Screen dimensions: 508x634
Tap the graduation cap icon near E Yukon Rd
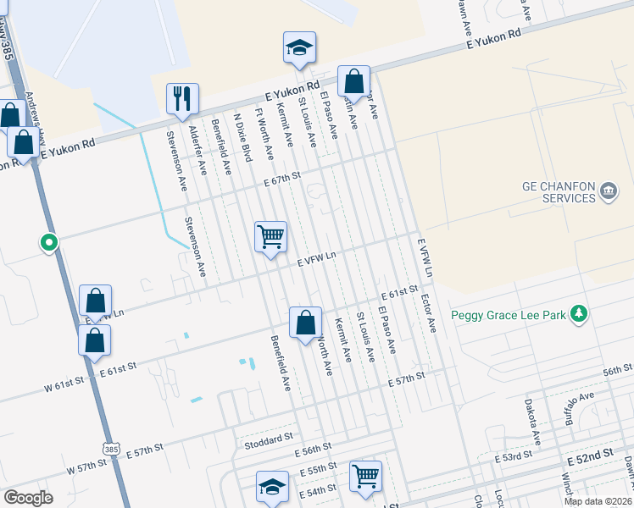tap(299, 48)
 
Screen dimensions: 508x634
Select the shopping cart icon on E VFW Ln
tap(270, 236)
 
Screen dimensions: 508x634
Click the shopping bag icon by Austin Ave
tap(354, 82)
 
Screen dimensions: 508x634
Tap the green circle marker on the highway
tap(49, 244)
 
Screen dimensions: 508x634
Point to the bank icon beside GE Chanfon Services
tap(608, 192)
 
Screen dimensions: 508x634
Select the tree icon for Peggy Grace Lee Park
tap(579, 314)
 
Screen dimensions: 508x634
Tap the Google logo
tap(28, 498)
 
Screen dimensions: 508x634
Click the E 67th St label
tap(282, 178)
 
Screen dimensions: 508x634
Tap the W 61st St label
tap(66, 386)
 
